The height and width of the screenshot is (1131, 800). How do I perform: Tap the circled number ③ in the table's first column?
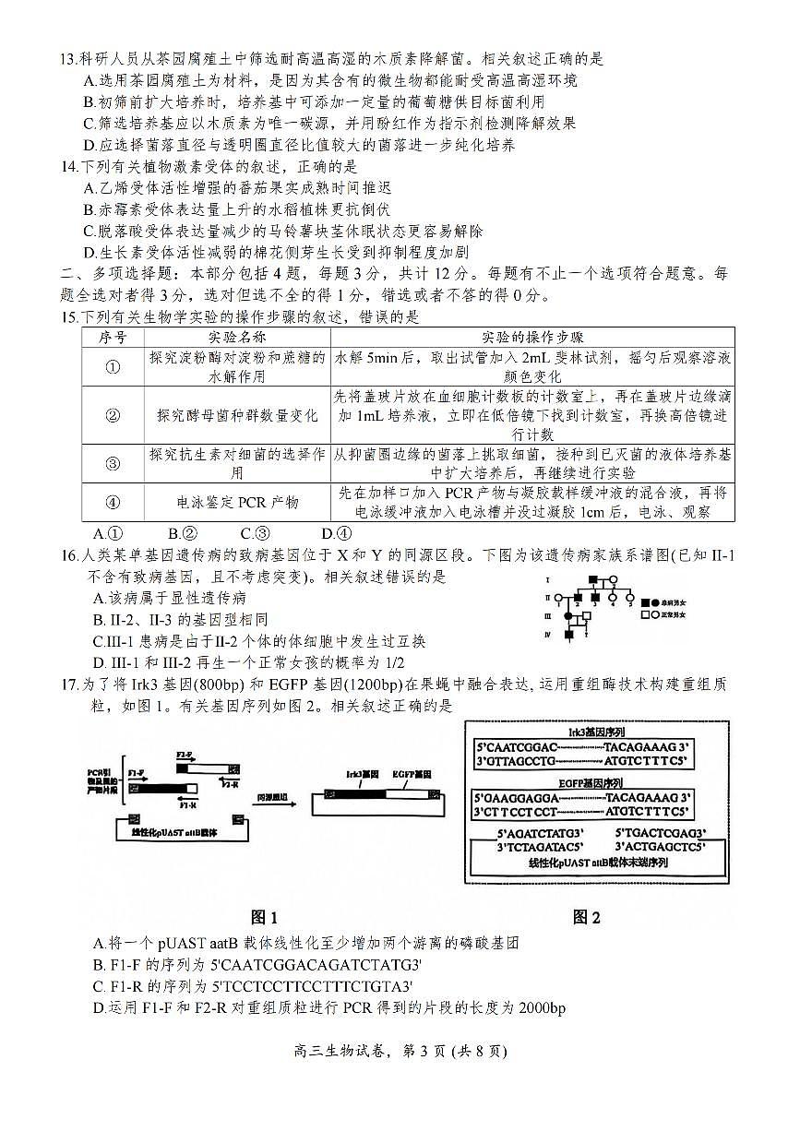click(113, 463)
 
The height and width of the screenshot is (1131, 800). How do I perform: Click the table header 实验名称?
click(237, 338)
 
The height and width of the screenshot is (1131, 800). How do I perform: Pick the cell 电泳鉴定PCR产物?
click(237, 503)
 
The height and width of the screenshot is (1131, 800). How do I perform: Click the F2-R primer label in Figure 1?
click(231, 782)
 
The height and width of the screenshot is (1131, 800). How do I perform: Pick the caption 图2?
click(586, 917)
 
